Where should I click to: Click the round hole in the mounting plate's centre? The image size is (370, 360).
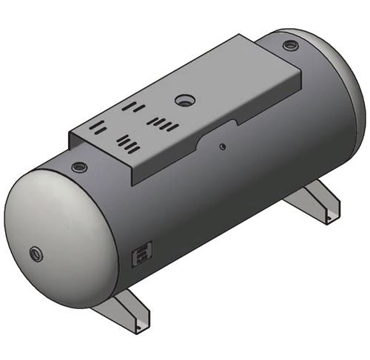(x=183, y=100)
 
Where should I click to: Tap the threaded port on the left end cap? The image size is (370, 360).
(x=36, y=255)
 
